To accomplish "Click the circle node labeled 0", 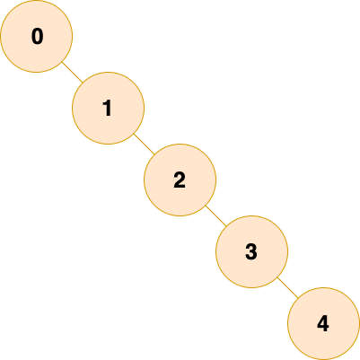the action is point(36,36).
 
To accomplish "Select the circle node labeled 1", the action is point(108,108).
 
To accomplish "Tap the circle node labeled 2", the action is point(180,180).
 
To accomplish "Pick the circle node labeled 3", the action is point(251,251).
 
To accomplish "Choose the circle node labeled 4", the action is point(323,323).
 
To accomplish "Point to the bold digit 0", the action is point(37,36).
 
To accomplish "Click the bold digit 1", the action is point(107,108).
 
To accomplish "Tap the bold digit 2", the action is point(180,180).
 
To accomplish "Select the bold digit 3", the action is point(251,251).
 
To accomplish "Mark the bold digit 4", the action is point(323,323).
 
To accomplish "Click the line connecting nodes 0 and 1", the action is point(72,72).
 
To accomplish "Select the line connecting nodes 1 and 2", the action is point(144,144).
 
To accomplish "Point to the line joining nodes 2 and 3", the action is point(215,215).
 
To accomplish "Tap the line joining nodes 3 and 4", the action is point(287,287).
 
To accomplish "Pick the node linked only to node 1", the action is point(36,36).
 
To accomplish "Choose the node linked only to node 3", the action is point(323,323).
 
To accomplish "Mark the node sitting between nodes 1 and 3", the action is point(180,180).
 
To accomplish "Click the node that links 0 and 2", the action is point(108,108).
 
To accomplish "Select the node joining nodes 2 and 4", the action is point(251,251).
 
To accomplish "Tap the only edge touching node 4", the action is point(287,287).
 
